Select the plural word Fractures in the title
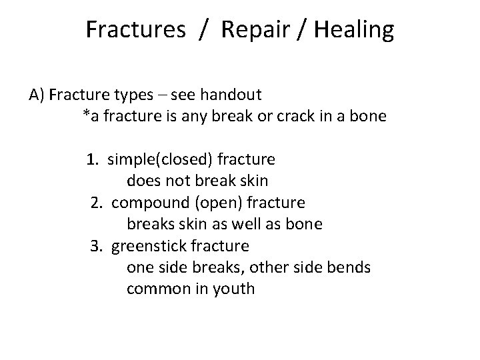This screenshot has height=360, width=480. pyautogui.click(x=136, y=30)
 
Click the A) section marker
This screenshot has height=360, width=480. pyautogui.click(x=37, y=95)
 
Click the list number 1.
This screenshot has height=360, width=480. pyautogui.click(x=92, y=159)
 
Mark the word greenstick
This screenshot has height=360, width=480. pyautogui.click(x=149, y=246)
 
